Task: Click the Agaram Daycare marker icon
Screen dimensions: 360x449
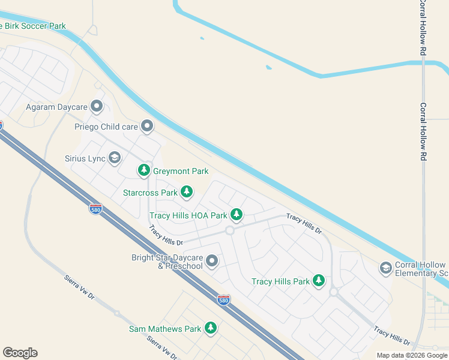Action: pyautogui.click(x=97, y=107)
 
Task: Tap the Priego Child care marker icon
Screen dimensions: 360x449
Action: pyautogui.click(x=147, y=126)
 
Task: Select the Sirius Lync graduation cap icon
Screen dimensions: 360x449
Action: pyautogui.click(x=115, y=158)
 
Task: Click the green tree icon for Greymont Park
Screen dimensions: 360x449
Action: pyautogui.click(x=143, y=171)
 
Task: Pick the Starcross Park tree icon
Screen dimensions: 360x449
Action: pyautogui.click(x=187, y=192)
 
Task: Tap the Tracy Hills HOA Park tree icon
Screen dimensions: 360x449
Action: pyautogui.click(x=237, y=214)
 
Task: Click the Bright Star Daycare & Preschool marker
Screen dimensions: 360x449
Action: pyautogui.click(x=212, y=261)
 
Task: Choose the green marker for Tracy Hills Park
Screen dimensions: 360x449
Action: pyautogui.click(x=319, y=280)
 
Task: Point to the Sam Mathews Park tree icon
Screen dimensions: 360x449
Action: pyautogui.click(x=210, y=328)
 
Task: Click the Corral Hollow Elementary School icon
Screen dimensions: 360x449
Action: pyautogui.click(x=385, y=268)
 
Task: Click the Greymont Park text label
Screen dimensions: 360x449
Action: pyautogui.click(x=181, y=171)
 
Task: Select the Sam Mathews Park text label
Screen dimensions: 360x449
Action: pyautogui.click(x=165, y=329)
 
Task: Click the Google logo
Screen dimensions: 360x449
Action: pyautogui.click(x=20, y=353)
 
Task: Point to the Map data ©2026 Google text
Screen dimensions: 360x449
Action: pyautogui.click(x=412, y=355)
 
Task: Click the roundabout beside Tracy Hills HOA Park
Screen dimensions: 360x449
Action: pyautogui.click(x=229, y=230)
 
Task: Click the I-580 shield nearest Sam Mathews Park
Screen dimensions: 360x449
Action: pyautogui.click(x=223, y=300)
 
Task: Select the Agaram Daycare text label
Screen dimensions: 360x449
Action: pyautogui.click(x=56, y=107)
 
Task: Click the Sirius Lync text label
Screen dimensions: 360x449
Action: pyautogui.click(x=85, y=159)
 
